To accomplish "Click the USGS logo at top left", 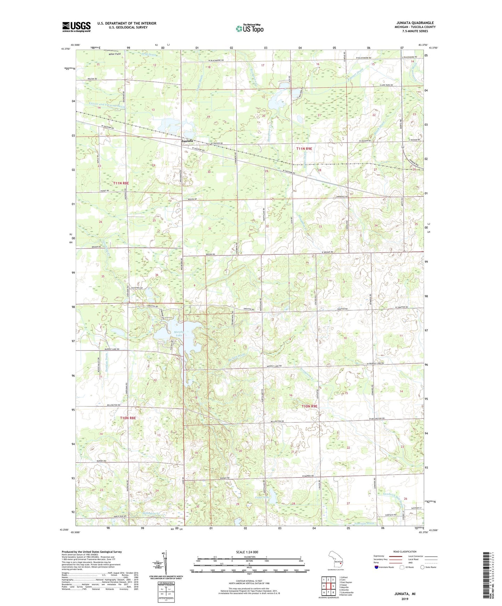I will coord(76,27).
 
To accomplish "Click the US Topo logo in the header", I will coord(249,28).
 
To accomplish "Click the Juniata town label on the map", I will coord(187,141).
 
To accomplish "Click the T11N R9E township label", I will coord(304,149).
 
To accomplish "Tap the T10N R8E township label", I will coord(127,418).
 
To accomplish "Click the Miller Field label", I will coord(114,54).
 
